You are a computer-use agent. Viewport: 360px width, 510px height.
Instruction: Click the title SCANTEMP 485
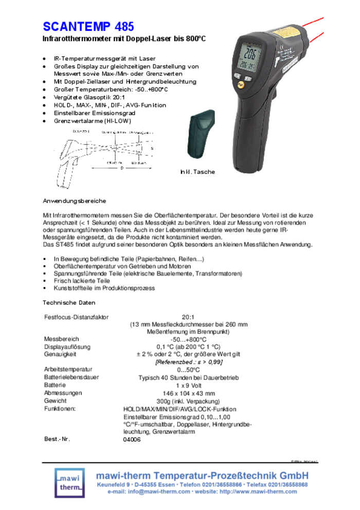(x=88, y=26)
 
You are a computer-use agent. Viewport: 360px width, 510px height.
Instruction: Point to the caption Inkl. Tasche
(x=197, y=172)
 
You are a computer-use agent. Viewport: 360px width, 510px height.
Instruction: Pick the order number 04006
(x=132, y=439)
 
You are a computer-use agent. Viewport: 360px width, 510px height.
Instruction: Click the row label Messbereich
(x=62, y=339)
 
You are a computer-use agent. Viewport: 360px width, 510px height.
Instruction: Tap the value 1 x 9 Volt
(x=188, y=385)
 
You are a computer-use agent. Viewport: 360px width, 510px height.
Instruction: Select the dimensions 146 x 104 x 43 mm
(x=188, y=393)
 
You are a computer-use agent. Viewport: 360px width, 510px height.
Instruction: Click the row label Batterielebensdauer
(x=72, y=377)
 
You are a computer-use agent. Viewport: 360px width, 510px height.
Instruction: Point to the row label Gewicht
(x=56, y=400)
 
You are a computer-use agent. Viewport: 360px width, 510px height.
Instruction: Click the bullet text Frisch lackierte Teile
(x=82, y=281)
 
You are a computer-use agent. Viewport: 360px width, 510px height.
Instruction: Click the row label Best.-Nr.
(x=57, y=439)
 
